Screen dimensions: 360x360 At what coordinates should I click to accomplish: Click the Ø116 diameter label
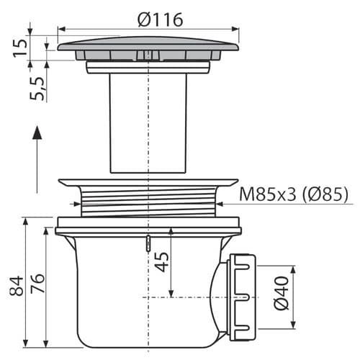161,19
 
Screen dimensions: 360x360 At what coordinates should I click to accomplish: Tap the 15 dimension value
20,48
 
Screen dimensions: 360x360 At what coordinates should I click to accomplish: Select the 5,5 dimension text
37,89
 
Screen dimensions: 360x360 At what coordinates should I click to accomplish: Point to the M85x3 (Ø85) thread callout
294,194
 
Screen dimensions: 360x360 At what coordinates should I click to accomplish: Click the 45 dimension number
161,262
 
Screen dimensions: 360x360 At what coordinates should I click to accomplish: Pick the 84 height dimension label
17,286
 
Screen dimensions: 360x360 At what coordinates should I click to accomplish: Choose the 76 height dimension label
37,283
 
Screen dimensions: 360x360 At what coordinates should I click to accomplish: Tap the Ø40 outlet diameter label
282,293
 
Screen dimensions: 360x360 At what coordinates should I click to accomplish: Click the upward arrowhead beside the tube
37,132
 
